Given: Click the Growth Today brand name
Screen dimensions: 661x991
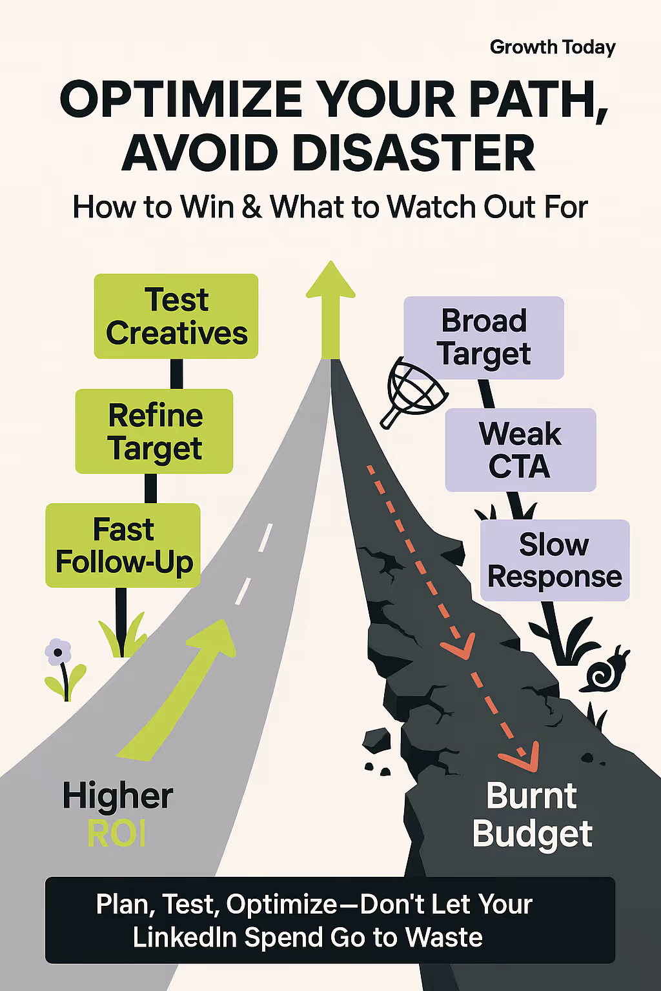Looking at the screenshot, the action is [x=553, y=47].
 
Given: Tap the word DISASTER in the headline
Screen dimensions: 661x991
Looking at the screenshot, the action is [x=413, y=153].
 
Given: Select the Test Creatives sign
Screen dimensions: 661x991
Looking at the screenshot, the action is [x=176, y=316].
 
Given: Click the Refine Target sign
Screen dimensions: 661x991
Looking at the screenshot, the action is [x=154, y=432].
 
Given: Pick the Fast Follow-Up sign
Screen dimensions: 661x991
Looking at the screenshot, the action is [x=123, y=545].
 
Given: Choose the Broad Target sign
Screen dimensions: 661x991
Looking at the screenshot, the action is [x=484, y=337].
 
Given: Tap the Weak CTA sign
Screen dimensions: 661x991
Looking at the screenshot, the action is [x=521, y=450].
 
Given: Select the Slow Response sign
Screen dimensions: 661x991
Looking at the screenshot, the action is [x=554, y=561].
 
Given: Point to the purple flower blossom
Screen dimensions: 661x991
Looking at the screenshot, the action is [x=58, y=652].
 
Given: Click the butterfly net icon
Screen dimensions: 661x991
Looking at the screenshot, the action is [x=414, y=392].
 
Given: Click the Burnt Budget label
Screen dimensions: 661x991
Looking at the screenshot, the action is [x=532, y=814].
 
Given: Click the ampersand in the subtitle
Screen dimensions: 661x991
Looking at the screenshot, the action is [x=252, y=206].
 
